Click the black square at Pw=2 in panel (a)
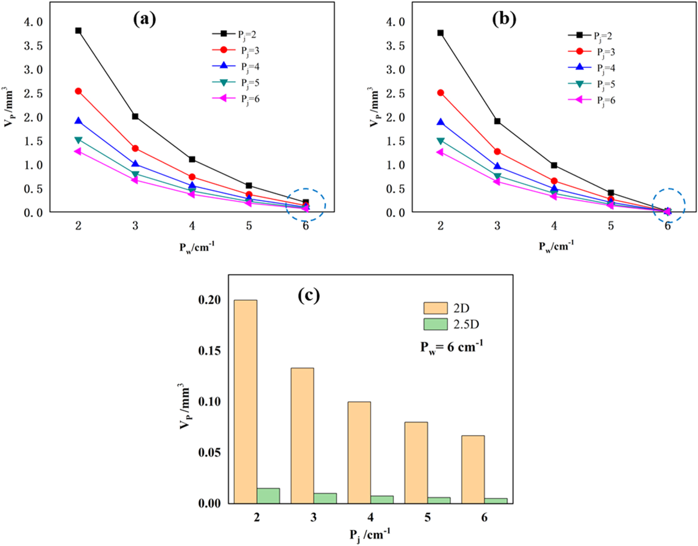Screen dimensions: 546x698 [x=78, y=31]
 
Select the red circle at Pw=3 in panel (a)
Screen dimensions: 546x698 [x=135, y=148]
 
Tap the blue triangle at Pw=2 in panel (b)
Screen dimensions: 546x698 [x=440, y=123]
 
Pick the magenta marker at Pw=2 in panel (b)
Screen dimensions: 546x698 [x=440, y=152]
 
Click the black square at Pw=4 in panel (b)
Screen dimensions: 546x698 [x=554, y=165]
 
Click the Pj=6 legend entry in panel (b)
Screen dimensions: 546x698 [x=592, y=100]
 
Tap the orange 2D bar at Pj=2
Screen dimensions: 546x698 [x=246, y=402]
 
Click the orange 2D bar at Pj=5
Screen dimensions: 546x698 [x=416, y=462]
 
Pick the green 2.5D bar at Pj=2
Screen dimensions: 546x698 [x=268, y=496]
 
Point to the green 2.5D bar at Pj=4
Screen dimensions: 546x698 [x=382, y=499]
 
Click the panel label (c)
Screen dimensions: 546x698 [x=309, y=295]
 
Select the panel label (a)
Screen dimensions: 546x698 [x=144, y=19]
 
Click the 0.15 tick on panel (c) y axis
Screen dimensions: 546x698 [x=209, y=350]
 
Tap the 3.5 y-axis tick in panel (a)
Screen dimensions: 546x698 [x=33, y=46]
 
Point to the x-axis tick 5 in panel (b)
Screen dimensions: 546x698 [x=611, y=226]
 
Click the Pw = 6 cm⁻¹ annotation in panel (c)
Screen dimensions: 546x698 [x=452, y=347]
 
